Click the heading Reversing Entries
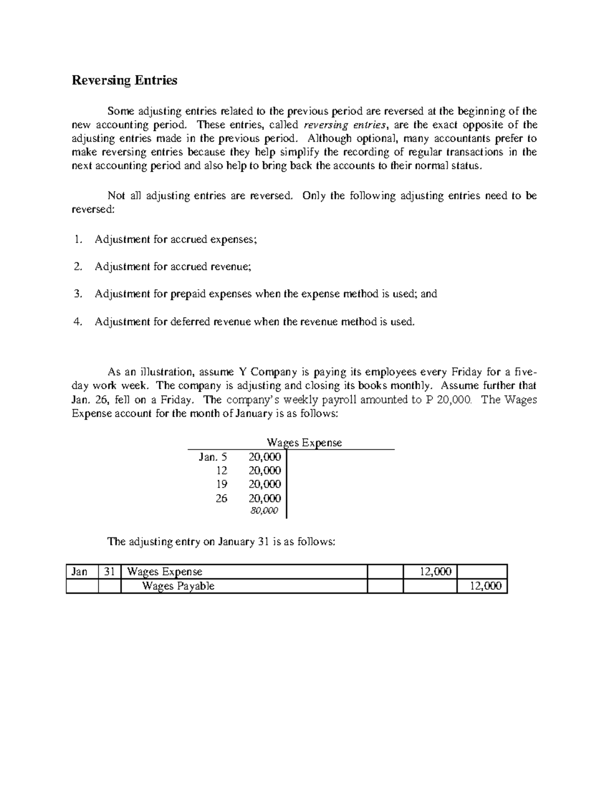124,80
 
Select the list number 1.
77,239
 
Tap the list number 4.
77,321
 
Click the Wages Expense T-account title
304,442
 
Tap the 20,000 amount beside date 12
264,470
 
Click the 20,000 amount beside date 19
264,484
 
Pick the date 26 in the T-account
221,498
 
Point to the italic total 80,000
264,510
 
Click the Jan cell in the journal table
80,572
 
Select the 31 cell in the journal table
109,572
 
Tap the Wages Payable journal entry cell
178,586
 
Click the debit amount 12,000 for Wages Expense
435,572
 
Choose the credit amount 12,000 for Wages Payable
486,586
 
